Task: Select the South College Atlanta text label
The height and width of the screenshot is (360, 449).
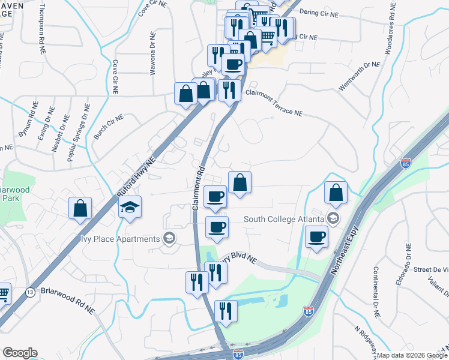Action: [284, 219]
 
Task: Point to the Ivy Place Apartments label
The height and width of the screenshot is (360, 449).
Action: [121, 239]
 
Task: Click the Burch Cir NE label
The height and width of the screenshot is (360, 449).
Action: [108, 127]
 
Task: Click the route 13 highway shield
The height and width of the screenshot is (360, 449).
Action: [29, 292]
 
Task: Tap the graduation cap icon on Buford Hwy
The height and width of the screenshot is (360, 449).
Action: [130, 208]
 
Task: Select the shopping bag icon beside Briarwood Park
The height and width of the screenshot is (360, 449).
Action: [80, 208]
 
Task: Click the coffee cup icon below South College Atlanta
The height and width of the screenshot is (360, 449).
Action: [316, 237]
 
